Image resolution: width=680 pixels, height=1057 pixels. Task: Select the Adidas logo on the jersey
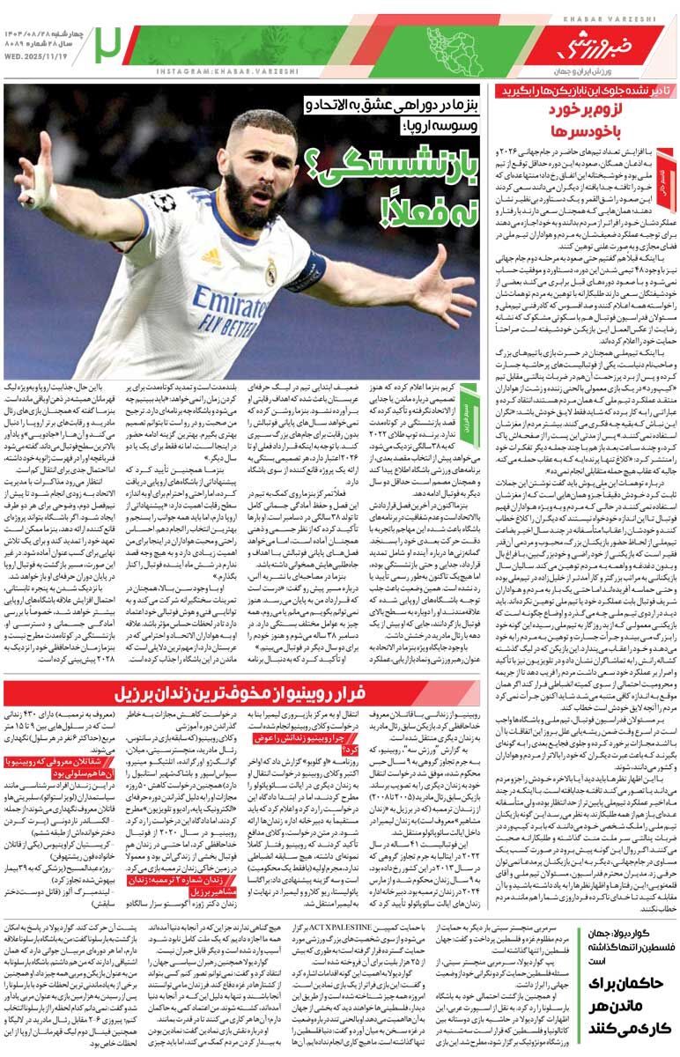click(211, 255)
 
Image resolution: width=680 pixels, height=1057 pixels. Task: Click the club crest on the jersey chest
click(270, 274)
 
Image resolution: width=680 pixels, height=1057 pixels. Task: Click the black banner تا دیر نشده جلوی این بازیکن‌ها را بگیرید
click(581, 91)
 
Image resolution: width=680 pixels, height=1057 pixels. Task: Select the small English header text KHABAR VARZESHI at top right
click(609, 18)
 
